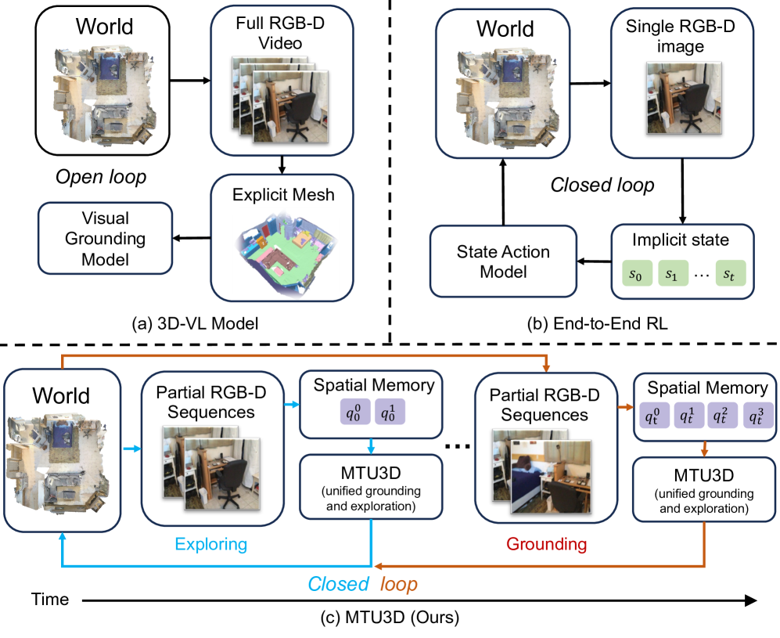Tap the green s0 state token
click(638, 274)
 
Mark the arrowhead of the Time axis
click(750, 601)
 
